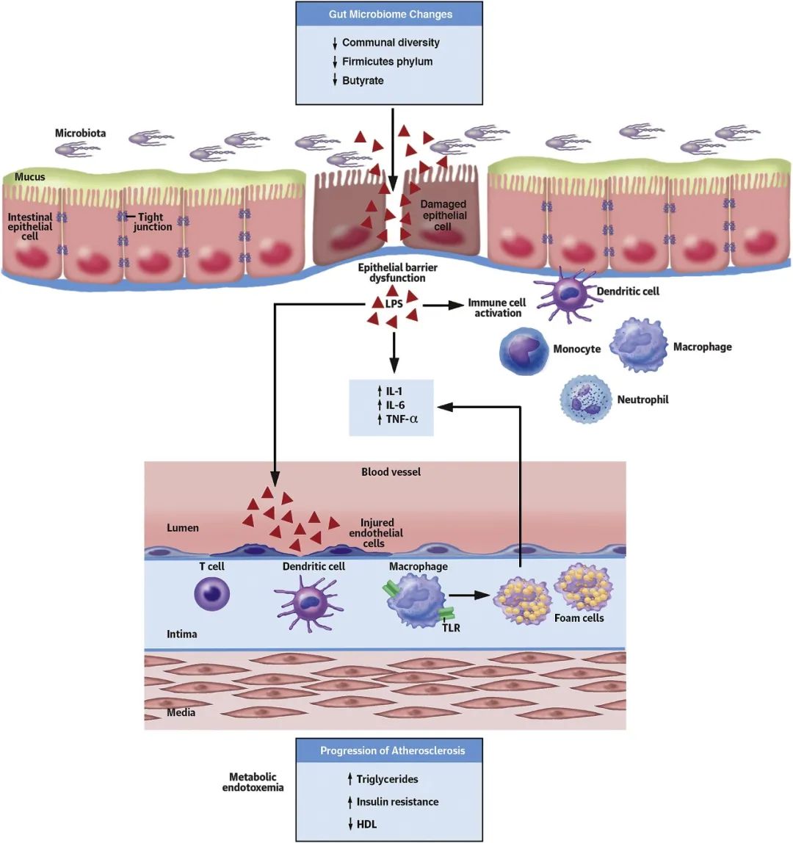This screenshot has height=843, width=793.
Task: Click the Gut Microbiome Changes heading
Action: (x=389, y=15)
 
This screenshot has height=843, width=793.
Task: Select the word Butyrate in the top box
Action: (x=363, y=80)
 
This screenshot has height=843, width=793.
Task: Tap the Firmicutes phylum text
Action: (x=387, y=62)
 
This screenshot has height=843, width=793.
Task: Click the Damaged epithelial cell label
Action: (x=443, y=215)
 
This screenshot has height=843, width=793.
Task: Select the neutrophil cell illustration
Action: (x=584, y=397)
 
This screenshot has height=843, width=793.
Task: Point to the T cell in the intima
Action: (x=212, y=593)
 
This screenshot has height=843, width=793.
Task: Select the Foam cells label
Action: (x=579, y=618)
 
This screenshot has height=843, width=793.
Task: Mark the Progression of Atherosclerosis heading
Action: (x=391, y=751)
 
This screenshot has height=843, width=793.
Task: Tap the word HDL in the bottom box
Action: (x=366, y=824)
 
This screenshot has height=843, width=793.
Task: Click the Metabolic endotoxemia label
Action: (x=253, y=782)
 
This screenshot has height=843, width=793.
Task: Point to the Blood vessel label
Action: (x=391, y=472)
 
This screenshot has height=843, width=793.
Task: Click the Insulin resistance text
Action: (x=397, y=802)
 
